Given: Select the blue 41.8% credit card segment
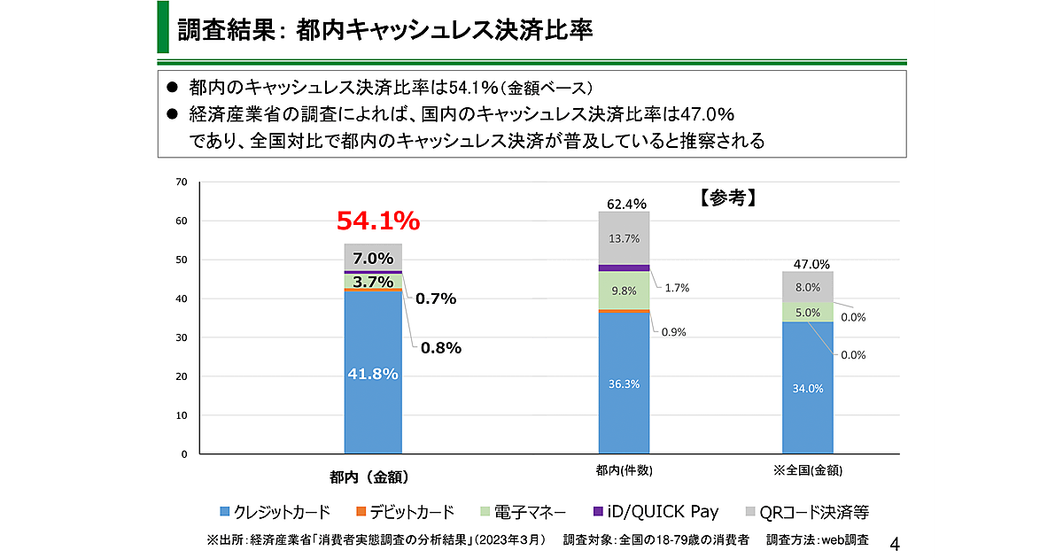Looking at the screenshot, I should pos(373,372).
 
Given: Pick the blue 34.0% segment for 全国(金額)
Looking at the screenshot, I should pos(808,387).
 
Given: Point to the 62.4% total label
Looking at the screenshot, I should pos(625,205).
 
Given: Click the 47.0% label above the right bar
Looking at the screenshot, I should pos(811,264).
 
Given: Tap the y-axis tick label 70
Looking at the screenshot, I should pos(182,182).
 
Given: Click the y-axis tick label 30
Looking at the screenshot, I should pos(182,337).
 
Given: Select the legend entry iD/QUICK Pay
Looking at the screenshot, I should pos(656,512).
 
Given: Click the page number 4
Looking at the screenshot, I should pos(893,541).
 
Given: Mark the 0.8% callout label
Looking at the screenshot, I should pos(440,348).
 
